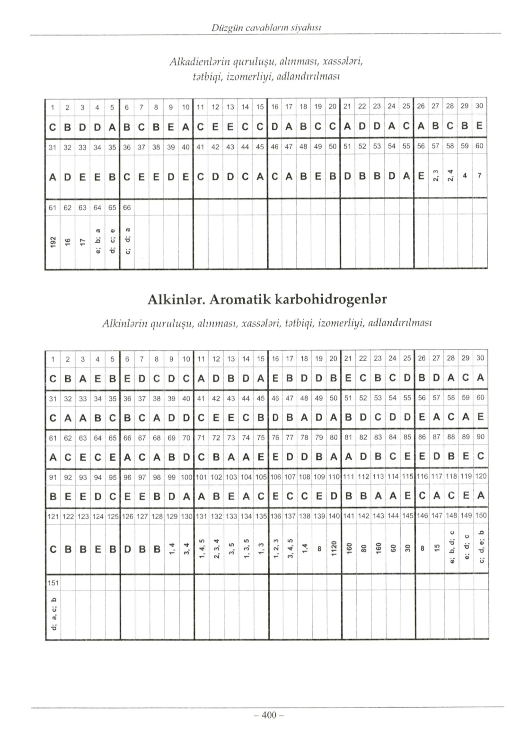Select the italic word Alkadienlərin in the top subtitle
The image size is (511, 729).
click(x=200, y=62)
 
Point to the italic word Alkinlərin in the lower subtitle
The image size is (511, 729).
click(x=124, y=324)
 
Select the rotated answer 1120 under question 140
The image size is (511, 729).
click(x=333, y=550)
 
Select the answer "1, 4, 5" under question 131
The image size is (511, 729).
click(x=201, y=549)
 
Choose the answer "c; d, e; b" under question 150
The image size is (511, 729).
click(x=481, y=549)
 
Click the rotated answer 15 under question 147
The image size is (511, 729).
click(x=436, y=550)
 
